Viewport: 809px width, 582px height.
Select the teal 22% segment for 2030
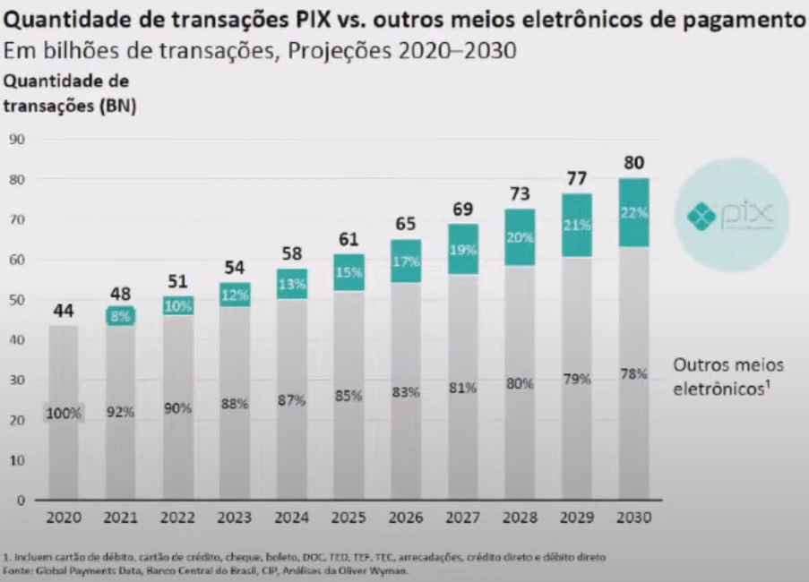coord(633,213)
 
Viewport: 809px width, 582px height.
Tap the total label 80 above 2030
coord(633,163)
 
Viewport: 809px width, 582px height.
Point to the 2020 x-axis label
coord(64,518)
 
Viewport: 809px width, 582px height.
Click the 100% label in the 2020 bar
coord(64,414)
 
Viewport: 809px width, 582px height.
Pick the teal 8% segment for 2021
coord(121,315)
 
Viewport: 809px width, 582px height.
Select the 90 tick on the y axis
coord(17,139)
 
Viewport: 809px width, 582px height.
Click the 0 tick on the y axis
coord(17,501)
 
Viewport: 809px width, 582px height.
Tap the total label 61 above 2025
coord(349,238)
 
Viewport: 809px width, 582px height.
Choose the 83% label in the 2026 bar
coord(406,392)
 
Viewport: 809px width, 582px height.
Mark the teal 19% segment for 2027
coord(462,249)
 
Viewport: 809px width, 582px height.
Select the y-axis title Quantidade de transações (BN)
coord(68,93)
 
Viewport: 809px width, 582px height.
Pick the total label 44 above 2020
coord(64,311)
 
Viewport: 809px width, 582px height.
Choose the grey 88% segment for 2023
coord(235,403)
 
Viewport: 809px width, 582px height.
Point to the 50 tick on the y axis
coord(17,300)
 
